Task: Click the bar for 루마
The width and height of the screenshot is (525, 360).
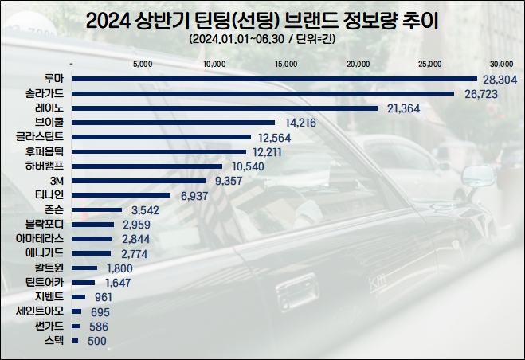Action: [274, 79]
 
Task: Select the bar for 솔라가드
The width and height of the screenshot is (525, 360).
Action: [263, 93]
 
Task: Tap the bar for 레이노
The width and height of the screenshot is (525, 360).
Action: [225, 108]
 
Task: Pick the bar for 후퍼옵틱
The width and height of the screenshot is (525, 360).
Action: [160, 151]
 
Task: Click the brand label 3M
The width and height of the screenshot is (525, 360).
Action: [57, 180]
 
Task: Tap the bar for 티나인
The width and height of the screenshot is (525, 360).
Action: [121, 194]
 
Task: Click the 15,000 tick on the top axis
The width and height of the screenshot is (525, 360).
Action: [285, 64]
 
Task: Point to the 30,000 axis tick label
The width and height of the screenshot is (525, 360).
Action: [502, 64]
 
